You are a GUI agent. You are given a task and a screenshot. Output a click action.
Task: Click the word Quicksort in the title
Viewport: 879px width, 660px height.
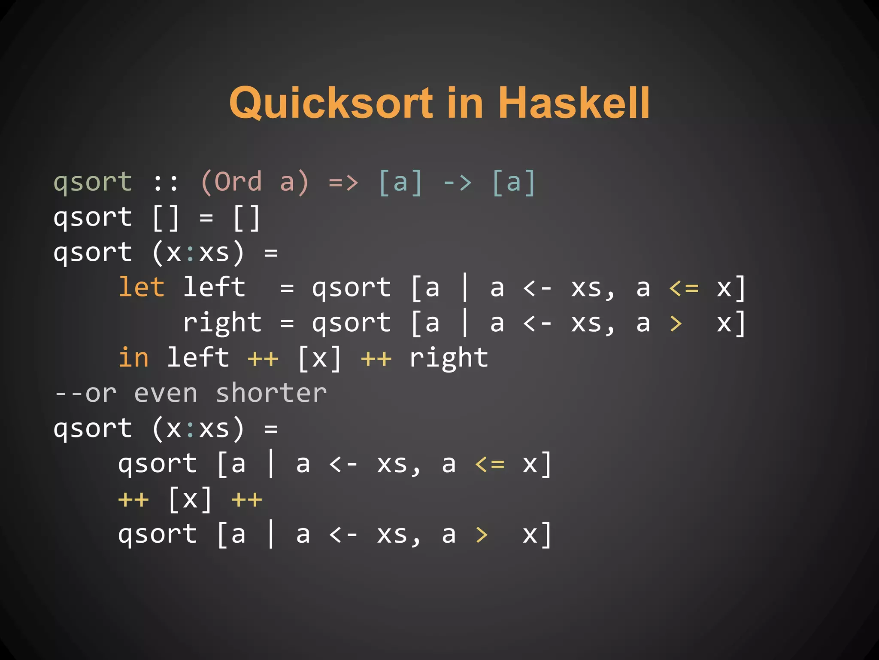(331, 103)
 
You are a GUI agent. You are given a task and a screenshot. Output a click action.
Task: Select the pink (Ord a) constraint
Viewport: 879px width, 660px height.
(254, 182)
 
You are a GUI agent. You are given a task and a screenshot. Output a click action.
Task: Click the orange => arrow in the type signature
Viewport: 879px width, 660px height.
(343, 182)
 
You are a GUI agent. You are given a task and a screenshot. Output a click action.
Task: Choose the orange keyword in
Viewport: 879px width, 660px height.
(133, 357)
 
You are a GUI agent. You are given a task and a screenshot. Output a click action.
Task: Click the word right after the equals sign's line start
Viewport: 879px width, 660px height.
(222, 323)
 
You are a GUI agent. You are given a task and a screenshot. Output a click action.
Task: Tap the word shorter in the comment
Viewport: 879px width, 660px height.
(271, 393)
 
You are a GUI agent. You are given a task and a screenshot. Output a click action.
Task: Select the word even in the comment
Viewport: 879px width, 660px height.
(166, 393)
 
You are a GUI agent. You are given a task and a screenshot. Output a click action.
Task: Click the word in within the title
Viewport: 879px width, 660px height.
(464, 103)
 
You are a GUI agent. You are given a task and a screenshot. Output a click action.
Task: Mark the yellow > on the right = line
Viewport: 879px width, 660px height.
(676, 323)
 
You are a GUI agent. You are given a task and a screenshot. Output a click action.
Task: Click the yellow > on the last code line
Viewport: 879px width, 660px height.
(482, 535)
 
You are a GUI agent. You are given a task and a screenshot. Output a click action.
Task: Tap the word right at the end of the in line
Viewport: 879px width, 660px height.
(449, 357)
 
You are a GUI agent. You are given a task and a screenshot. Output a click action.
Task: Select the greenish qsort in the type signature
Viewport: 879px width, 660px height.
(93, 182)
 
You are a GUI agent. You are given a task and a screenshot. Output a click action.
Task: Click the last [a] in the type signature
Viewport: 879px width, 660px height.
(513, 182)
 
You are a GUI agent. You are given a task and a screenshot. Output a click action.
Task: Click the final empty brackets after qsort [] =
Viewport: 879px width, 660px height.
(246, 217)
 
